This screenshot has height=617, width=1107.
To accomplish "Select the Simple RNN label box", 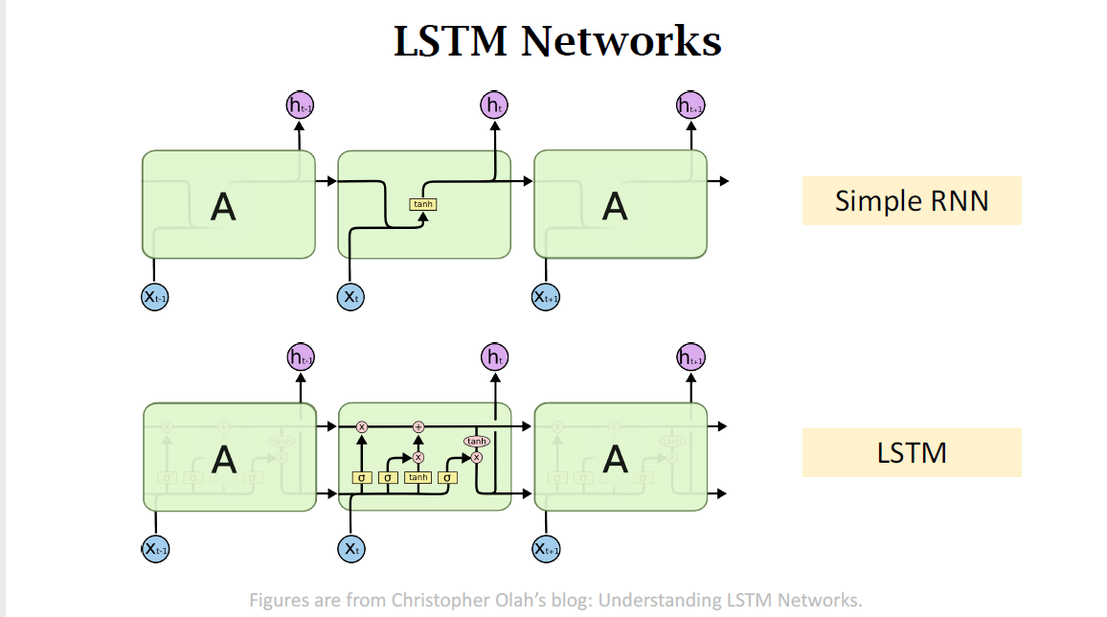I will coord(911,200).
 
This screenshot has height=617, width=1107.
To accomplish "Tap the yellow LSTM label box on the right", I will coord(911,452).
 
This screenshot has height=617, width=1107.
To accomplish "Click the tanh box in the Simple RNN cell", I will coord(422,204).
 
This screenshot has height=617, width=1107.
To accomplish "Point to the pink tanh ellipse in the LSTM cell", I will coord(476,441).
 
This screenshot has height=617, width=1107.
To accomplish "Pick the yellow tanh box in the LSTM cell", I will coord(418,477).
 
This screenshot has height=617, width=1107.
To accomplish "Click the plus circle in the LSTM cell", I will coord(418,426).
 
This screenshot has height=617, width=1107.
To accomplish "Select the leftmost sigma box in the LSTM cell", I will coord(362,477).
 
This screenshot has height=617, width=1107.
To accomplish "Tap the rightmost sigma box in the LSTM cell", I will coord(447,477).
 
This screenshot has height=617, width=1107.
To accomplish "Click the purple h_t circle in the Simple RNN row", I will coord(494,105).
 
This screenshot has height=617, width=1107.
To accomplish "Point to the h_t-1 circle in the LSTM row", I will coord(301,357).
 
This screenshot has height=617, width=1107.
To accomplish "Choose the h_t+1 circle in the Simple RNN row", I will coord(690,105).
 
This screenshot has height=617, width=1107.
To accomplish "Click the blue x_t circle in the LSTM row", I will coord(351,549).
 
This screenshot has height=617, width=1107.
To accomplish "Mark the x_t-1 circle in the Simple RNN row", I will coord(155,297).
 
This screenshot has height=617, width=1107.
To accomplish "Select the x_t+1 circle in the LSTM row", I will coord(546,549).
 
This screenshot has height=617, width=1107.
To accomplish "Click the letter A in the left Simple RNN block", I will coord(223,206).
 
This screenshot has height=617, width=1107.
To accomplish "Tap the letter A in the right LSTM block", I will coord(615,459).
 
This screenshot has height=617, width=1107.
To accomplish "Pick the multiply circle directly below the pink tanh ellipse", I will coord(476,457).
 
